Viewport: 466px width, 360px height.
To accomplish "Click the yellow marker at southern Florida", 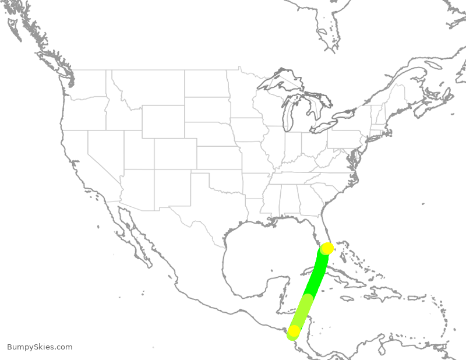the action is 327,249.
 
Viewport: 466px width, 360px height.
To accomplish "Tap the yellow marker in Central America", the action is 294,331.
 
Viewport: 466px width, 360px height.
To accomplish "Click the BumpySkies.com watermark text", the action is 40,347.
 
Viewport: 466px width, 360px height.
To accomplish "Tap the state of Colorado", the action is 175,154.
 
